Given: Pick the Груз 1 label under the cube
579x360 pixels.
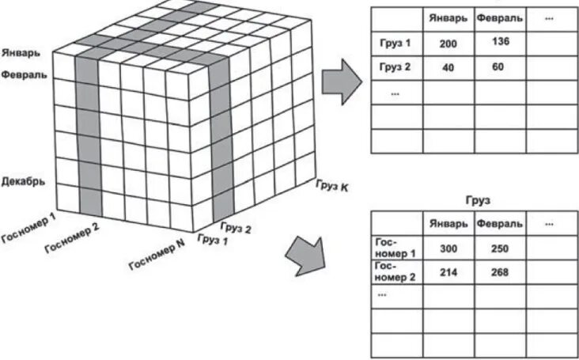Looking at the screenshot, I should click(211, 238).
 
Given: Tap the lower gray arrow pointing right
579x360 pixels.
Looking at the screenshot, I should click(308, 254).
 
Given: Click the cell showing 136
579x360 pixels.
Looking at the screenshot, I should click(499, 41).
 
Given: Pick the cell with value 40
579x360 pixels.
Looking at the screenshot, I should click(448, 67).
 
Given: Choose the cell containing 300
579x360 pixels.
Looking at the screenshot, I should click(448, 248).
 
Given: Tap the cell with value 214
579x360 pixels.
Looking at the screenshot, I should click(448, 273).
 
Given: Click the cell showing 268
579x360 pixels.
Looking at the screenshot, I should click(499, 273).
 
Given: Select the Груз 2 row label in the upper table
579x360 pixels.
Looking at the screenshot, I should click(395, 67).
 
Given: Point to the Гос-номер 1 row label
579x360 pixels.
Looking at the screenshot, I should click(394, 248).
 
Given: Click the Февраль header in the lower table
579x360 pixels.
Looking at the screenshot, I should click(499, 224).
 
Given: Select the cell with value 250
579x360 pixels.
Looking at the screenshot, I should click(499, 248).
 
